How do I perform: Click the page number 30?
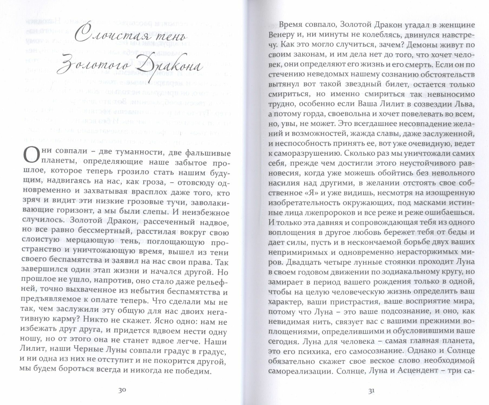point(122,390)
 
